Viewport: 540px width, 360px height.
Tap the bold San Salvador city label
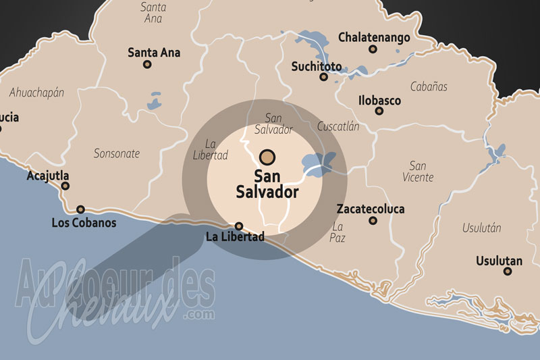[x=267, y=184]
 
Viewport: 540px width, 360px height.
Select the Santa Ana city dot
[x=147, y=65]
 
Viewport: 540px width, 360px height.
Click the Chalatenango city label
[x=374, y=38]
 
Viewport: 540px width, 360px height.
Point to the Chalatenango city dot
[x=373, y=49]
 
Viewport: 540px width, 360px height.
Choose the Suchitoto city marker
[x=324, y=77]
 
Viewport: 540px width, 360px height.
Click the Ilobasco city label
[x=379, y=101]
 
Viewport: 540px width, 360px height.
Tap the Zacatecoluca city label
[x=371, y=209]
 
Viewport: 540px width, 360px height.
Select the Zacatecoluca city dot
[x=373, y=220]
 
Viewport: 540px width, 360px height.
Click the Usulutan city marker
[x=508, y=272]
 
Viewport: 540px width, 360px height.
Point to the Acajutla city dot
[x=65, y=186]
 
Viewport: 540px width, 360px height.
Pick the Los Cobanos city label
[x=84, y=222]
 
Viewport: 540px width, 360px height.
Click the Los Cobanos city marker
[x=81, y=209]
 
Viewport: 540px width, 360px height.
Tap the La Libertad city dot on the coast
[x=238, y=226]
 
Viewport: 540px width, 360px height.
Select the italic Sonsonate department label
[x=117, y=153]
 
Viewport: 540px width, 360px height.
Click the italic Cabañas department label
[x=429, y=86]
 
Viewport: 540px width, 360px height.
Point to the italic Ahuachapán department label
[x=36, y=93]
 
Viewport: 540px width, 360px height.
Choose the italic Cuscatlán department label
[x=338, y=126]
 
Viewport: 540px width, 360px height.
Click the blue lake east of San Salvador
[x=318, y=162]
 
